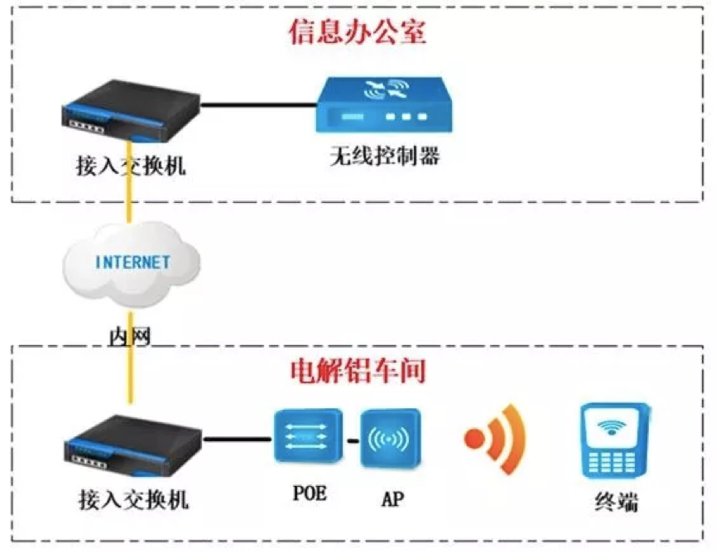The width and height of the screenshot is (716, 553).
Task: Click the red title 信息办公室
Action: [x=357, y=31]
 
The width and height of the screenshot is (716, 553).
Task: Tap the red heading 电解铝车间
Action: [x=358, y=370]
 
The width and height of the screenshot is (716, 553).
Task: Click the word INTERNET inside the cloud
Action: [x=132, y=262]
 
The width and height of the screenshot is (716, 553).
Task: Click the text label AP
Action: [x=392, y=498]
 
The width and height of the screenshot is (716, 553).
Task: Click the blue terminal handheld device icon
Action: [x=613, y=440]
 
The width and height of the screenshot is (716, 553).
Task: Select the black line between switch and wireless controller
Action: [x=259, y=105]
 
